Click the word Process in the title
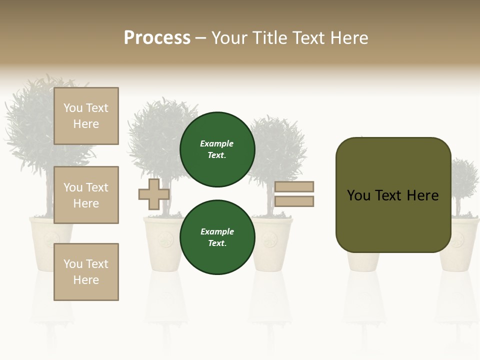(x=157, y=38)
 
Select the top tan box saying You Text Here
(x=86, y=116)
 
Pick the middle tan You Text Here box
(x=86, y=195)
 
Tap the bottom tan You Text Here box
(x=86, y=272)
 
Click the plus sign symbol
(x=154, y=194)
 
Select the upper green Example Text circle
(x=217, y=149)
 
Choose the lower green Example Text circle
(x=217, y=237)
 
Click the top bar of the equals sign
(x=294, y=186)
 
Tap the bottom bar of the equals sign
(x=294, y=201)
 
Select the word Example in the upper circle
(x=217, y=144)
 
